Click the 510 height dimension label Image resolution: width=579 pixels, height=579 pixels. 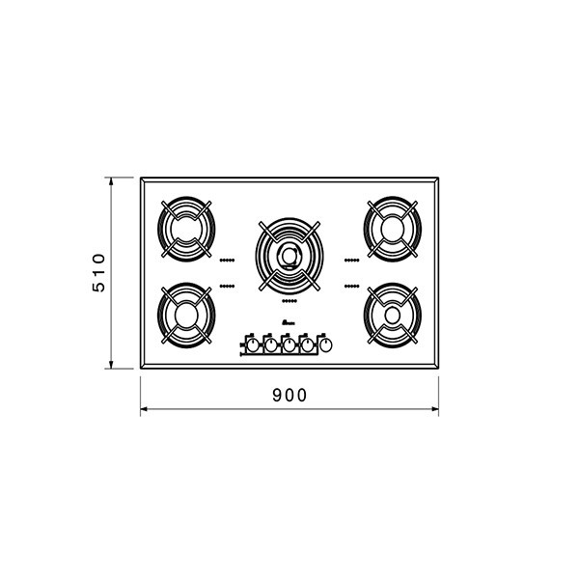[x=99, y=272]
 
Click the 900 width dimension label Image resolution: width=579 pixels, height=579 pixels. [x=289, y=395]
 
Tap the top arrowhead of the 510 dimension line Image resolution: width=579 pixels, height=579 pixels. [x=111, y=181]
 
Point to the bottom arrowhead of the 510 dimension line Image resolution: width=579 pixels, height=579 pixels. [x=111, y=365]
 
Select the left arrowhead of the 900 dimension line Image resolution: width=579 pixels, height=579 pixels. [x=144, y=409]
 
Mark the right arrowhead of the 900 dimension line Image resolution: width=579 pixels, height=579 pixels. [x=434, y=409]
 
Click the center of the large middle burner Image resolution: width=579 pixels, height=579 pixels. [x=289, y=256]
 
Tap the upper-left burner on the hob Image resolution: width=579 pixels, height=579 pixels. [x=186, y=229]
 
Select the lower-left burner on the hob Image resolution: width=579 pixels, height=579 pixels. [x=186, y=316]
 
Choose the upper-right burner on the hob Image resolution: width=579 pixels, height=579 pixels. [x=393, y=229]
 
